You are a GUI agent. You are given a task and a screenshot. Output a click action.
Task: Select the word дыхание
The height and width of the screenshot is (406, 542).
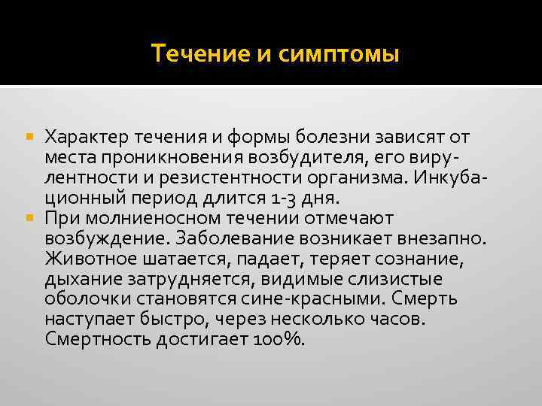79,280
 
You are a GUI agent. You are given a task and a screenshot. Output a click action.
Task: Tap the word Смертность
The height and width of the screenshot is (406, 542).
97,340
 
